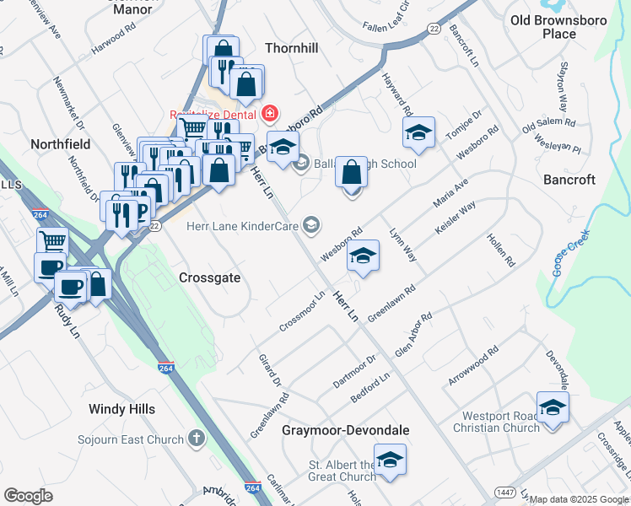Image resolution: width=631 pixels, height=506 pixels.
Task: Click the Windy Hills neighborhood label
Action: click(x=122, y=409)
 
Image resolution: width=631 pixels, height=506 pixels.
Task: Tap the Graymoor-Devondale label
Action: click(x=346, y=430)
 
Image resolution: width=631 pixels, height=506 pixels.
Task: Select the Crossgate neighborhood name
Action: click(x=210, y=277)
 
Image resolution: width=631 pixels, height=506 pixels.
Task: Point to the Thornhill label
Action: click(x=292, y=48)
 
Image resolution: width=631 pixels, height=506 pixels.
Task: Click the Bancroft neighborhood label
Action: click(x=569, y=180)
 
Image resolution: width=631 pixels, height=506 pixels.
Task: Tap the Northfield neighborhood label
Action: click(x=60, y=144)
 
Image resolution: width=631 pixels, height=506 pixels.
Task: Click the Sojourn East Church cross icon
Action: click(x=196, y=438)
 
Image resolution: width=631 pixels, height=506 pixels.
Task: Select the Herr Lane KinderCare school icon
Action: click(x=311, y=223)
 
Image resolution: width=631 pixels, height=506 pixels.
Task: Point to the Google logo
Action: click(x=28, y=496)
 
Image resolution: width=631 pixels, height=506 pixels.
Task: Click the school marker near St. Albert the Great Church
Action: click(x=390, y=460)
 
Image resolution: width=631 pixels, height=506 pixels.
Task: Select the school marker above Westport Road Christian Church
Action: click(x=553, y=407)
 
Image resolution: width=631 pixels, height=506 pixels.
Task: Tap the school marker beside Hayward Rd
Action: click(x=418, y=132)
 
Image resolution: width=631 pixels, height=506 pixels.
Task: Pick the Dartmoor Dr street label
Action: click(x=353, y=371)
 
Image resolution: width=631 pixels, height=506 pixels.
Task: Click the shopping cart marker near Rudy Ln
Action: click(x=52, y=241)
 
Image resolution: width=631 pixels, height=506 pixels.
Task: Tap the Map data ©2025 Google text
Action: click(x=579, y=499)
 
